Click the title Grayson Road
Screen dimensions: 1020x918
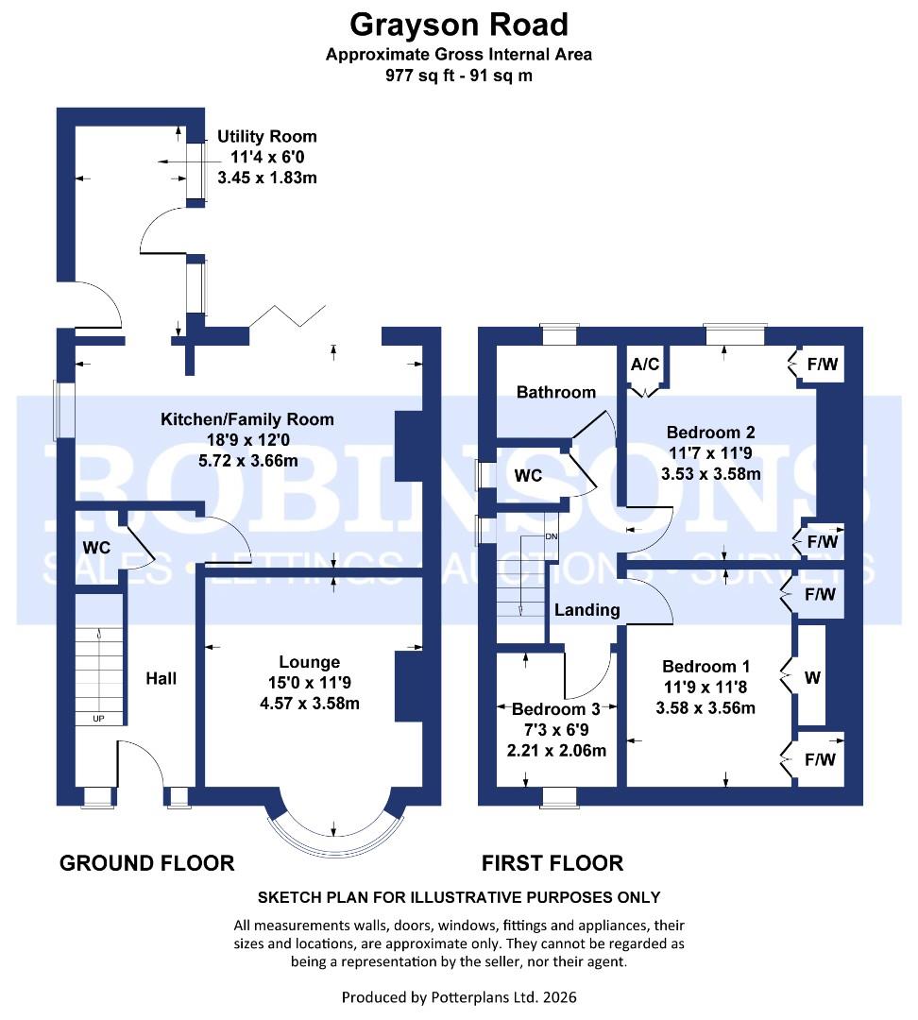click(459, 23)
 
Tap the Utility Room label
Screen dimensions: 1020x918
click(267, 137)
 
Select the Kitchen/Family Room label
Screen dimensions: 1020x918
click(246, 419)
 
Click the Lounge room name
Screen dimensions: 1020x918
click(309, 662)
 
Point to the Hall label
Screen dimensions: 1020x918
click(161, 678)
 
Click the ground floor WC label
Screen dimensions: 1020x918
click(97, 548)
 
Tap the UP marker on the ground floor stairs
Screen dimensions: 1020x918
click(98, 719)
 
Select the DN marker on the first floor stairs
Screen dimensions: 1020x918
click(552, 537)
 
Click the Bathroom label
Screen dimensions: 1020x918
click(556, 392)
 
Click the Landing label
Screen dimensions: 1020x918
click(586, 610)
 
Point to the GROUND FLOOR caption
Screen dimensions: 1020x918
click(146, 862)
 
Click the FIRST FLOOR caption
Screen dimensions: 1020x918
click(552, 862)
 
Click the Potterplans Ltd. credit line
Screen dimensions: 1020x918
click(459, 996)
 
